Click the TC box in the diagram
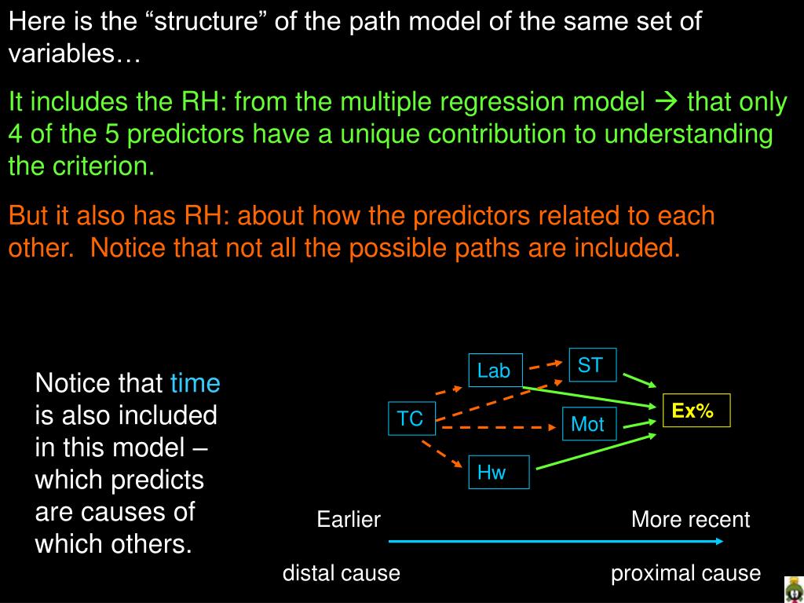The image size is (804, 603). [x=410, y=418]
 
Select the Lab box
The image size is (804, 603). [x=494, y=370]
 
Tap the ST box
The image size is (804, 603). [x=590, y=365]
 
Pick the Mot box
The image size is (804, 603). [x=587, y=424]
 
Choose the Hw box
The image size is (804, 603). [x=492, y=472]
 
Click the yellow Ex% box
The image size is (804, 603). [x=696, y=410]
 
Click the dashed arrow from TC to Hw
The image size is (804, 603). [x=441, y=455]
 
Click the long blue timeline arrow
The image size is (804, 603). [x=556, y=541]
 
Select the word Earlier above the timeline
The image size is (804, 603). [x=349, y=520]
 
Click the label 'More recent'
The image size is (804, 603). [x=690, y=520]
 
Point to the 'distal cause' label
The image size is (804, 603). [x=342, y=573]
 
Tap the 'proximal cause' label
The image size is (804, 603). [x=685, y=573]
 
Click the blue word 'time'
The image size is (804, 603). [x=196, y=383]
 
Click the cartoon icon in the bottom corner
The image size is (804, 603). [x=793, y=590]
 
